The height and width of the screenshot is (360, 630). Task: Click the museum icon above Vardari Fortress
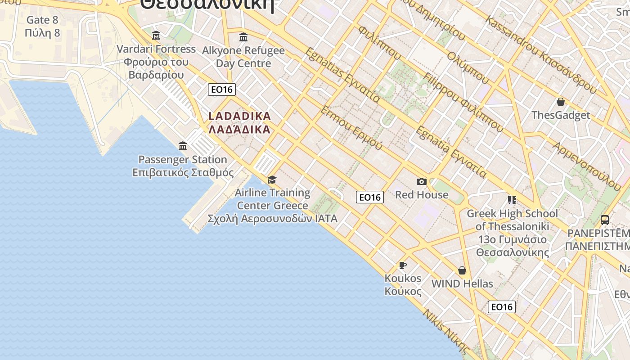pos(156,35)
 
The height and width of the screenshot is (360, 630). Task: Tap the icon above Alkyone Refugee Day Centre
pos(243,37)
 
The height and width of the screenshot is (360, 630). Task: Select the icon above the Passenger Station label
pos(183,146)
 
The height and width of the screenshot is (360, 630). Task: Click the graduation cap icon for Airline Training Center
pos(272,180)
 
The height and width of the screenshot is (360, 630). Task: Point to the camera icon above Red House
pos(422,181)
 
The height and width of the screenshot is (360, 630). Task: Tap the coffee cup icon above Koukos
pos(403,265)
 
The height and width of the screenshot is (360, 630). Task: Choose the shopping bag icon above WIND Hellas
pos(462,270)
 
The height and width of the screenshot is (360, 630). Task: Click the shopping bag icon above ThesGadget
pos(561,102)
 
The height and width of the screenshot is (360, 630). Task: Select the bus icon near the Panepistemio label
pos(605,220)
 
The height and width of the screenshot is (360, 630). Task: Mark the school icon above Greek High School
pos(512,200)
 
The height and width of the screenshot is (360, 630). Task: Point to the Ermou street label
pos(351,128)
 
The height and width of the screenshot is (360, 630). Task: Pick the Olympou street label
pos(468,67)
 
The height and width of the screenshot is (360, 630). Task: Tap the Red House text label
pos(422,195)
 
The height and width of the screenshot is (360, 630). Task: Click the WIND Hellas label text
pos(462,284)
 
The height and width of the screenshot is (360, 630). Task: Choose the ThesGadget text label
pos(561,115)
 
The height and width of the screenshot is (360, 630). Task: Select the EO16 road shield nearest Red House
pos(370,197)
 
